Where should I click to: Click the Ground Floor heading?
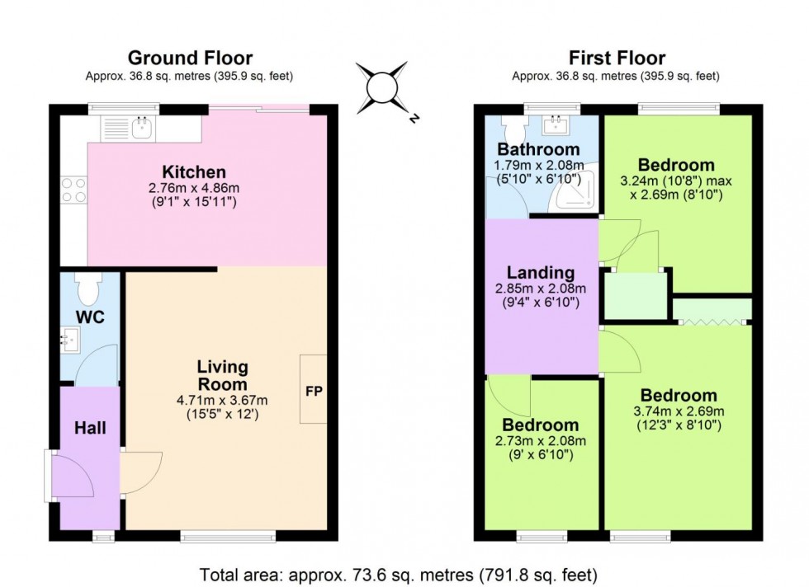click(190, 58)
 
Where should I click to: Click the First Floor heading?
click(617, 58)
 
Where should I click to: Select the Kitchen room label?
click(193, 172)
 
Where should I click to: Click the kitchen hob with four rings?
click(72, 190)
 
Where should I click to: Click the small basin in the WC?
click(69, 338)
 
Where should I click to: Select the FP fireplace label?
click(314, 390)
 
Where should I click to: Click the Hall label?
click(90, 428)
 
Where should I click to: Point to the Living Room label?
click(222, 375)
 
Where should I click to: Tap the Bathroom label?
click(537, 150)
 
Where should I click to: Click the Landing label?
click(541, 273)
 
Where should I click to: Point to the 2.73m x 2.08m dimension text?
click(542, 441)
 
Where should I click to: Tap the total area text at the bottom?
click(404, 574)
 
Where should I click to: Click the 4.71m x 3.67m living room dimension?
click(222, 401)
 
